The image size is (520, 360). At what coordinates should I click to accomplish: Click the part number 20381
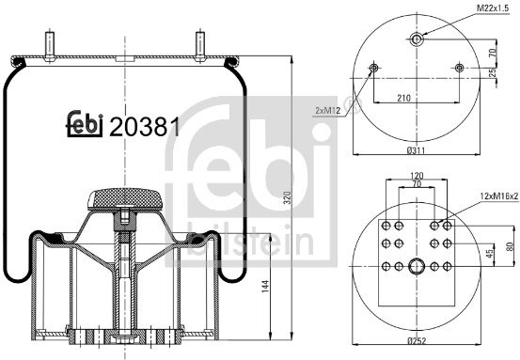tap(145, 127)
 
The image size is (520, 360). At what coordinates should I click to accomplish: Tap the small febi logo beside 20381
tap(85, 124)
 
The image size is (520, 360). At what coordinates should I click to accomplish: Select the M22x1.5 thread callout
tap(493, 8)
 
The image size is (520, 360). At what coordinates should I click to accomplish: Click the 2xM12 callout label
tap(327, 111)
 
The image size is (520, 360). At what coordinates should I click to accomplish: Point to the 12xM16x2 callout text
tap(499, 196)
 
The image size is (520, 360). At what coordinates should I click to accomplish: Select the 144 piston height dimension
tap(265, 286)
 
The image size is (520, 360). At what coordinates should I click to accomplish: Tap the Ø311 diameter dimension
tap(416, 150)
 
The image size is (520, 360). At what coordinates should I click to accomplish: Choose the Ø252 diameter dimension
tap(417, 340)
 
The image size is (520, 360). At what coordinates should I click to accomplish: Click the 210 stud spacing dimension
tap(403, 98)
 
